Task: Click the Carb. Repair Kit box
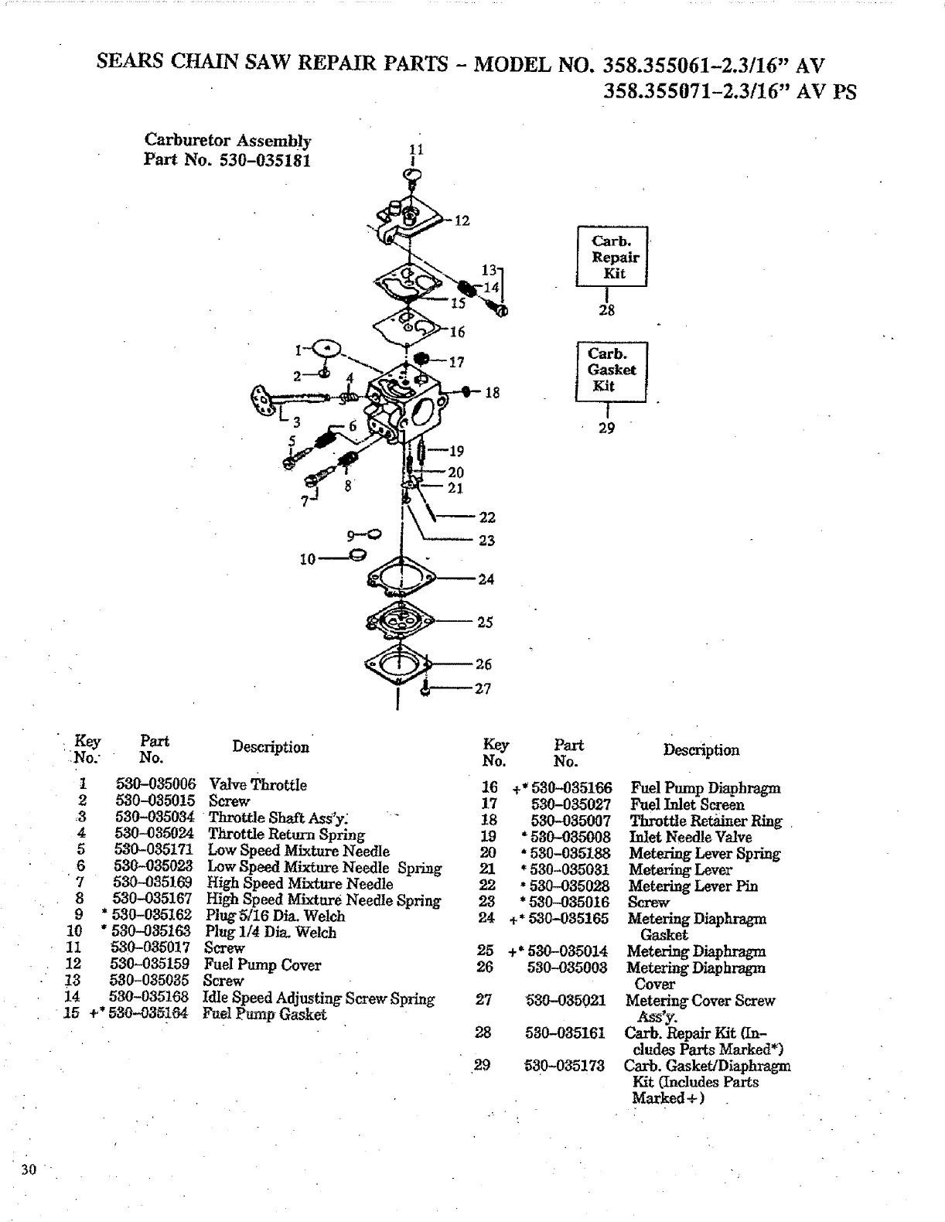(611, 257)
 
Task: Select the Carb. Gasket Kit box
(611, 370)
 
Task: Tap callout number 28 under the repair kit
(607, 310)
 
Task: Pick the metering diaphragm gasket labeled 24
(401, 578)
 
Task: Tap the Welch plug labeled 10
(357, 555)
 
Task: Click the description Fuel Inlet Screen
(687, 804)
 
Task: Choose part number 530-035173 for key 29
(565, 1066)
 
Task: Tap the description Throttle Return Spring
(286, 834)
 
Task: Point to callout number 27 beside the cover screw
(483, 688)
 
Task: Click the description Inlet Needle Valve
(690, 837)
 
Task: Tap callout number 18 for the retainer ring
(493, 393)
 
